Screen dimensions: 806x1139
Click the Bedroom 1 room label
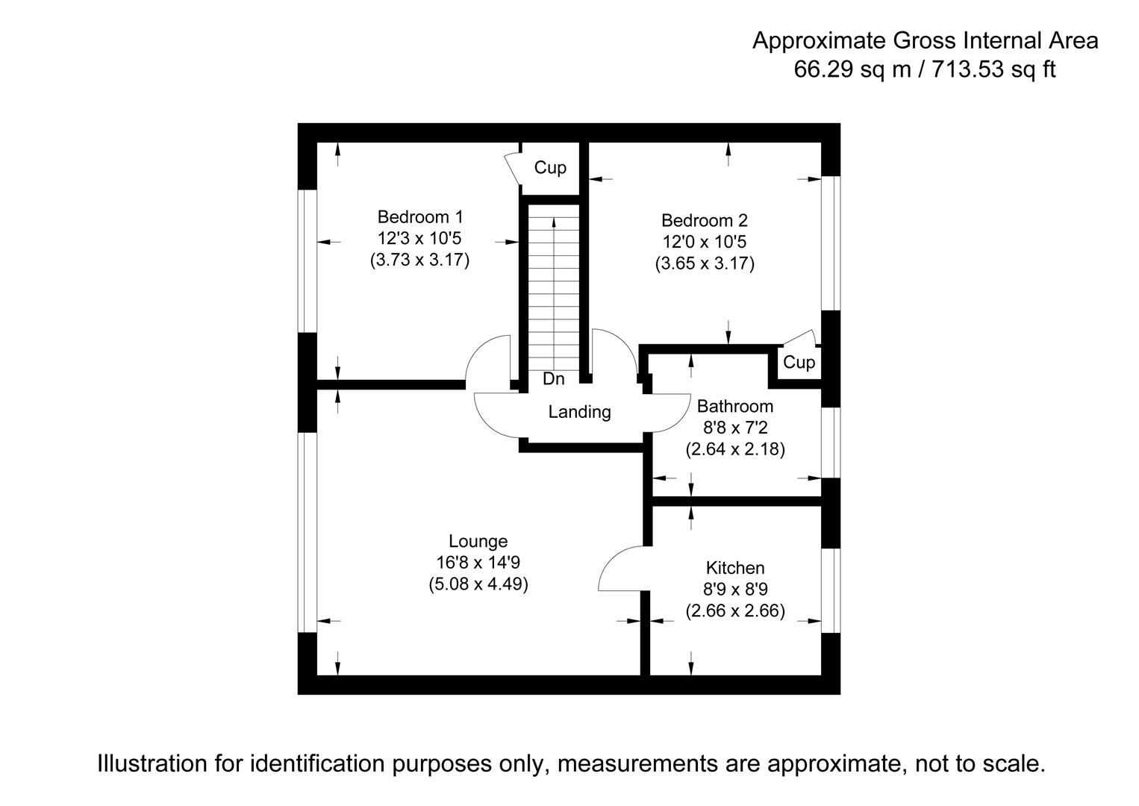tap(420, 217)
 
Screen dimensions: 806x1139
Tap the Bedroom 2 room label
tap(704, 221)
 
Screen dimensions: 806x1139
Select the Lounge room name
tap(478, 541)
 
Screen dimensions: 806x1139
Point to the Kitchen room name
tap(735, 568)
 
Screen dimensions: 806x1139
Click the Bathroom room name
tap(734, 407)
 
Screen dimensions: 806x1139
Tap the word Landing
tap(579, 412)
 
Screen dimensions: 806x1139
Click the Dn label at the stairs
tap(553, 379)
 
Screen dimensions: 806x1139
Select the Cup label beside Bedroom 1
tap(550, 168)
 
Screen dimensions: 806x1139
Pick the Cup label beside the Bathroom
tap(799, 363)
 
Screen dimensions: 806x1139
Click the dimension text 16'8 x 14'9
tap(478, 563)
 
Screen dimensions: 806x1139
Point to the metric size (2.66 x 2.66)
tap(735, 611)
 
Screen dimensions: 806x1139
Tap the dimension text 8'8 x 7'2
tap(734, 428)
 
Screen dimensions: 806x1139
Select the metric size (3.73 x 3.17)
tap(420, 260)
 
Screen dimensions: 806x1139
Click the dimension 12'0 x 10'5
tap(704, 243)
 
